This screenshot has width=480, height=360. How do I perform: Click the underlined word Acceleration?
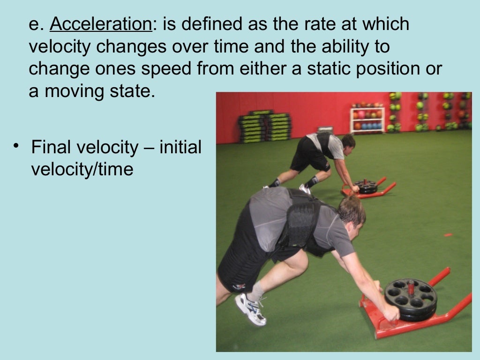coord(101,24)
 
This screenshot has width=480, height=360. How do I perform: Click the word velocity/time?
coord(82,169)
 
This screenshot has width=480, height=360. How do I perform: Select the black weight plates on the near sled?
coord(411,299)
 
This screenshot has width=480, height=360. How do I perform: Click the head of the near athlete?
coord(352,213)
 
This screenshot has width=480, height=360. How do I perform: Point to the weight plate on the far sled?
coord(366,186)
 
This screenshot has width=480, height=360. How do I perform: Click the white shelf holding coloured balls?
coord(367,120)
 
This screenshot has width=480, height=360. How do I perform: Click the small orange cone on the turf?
coord(448,234)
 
